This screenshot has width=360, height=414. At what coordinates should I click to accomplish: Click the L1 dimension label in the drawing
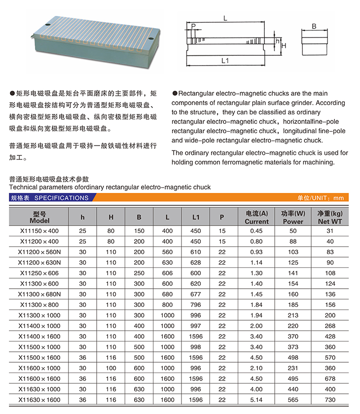point(224,61)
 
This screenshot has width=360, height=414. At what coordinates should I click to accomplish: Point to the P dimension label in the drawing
point(193,26)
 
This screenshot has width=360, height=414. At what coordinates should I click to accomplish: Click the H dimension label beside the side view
point(284,45)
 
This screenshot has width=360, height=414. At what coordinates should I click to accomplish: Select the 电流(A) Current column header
point(256,218)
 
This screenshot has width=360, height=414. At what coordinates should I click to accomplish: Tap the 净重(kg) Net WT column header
point(330,218)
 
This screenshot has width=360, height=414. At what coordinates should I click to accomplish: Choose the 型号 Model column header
point(39,218)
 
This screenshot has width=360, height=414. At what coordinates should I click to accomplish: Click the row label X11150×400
point(39,231)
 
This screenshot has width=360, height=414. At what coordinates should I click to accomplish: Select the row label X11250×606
point(39,273)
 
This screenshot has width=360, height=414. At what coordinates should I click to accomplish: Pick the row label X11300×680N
point(39,294)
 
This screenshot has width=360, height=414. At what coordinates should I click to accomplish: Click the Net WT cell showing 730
point(330,400)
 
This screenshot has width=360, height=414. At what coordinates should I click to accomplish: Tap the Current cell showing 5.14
point(256,400)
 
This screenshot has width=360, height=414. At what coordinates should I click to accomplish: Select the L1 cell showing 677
point(196,294)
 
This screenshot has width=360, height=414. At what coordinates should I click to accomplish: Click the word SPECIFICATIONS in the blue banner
point(62,198)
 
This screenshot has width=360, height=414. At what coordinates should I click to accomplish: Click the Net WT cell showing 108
point(330,273)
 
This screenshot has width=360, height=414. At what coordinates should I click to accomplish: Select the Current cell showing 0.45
point(256,231)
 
